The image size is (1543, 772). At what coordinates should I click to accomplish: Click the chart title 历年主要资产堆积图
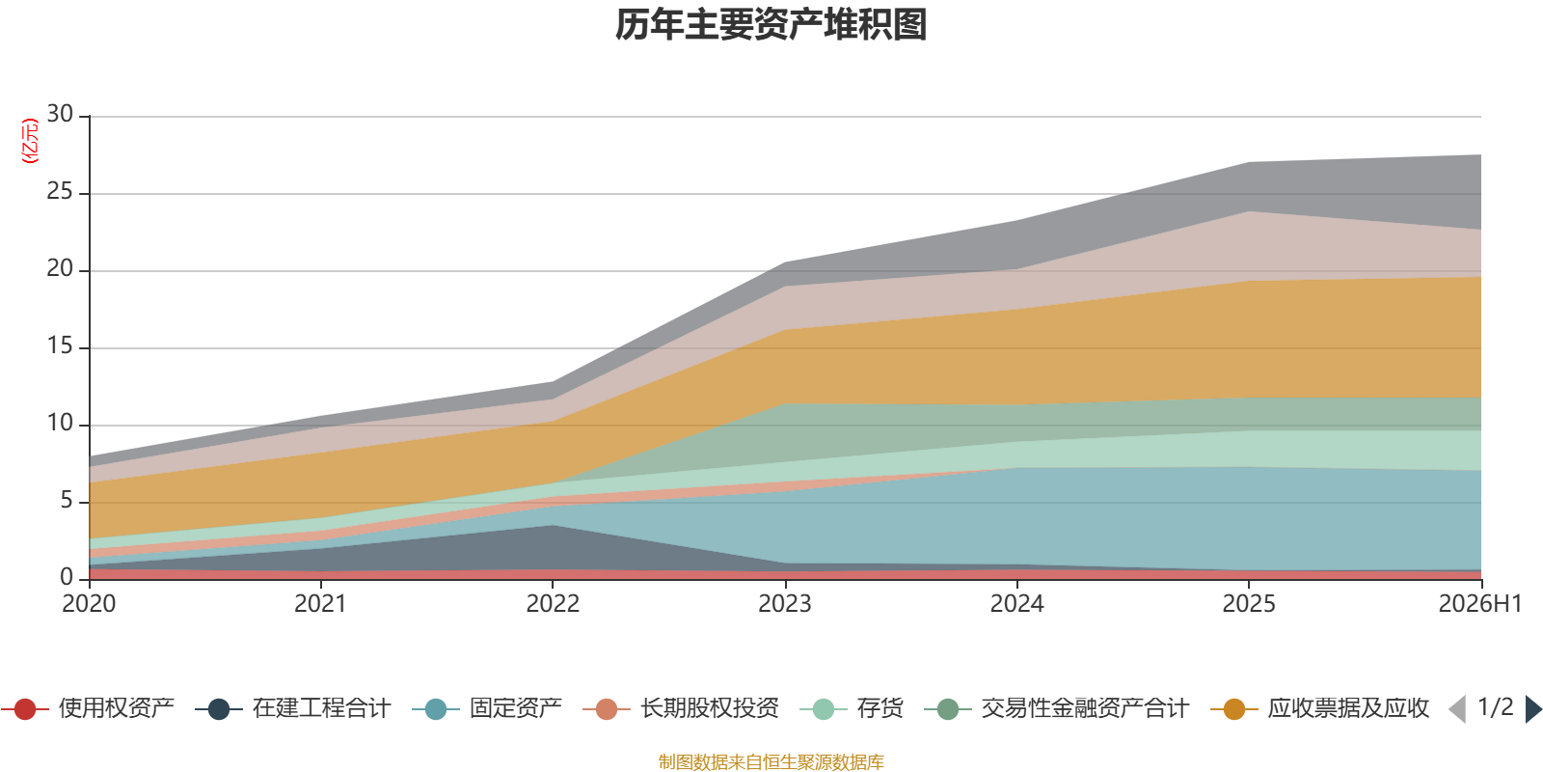(771, 25)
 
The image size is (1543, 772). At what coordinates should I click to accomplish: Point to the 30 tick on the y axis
(60, 114)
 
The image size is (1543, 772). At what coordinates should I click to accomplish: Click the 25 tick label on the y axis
(60, 191)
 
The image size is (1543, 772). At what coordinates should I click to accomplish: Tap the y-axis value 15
(60, 345)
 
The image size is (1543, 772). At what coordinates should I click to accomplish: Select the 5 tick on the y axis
(67, 500)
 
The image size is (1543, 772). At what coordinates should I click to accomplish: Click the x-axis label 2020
(89, 603)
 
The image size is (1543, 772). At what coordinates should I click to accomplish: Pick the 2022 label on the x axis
(553, 603)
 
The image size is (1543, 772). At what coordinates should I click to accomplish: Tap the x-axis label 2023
(785, 603)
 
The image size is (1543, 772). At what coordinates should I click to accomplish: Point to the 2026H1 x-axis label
(1479, 603)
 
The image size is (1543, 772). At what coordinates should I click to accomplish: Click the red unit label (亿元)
(30, 141)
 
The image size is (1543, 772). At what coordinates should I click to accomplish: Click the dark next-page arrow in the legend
(1532, 709)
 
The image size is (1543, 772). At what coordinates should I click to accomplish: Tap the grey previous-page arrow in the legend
(1457, 709)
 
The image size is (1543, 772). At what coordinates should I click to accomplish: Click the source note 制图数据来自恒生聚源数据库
(771, 761)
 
